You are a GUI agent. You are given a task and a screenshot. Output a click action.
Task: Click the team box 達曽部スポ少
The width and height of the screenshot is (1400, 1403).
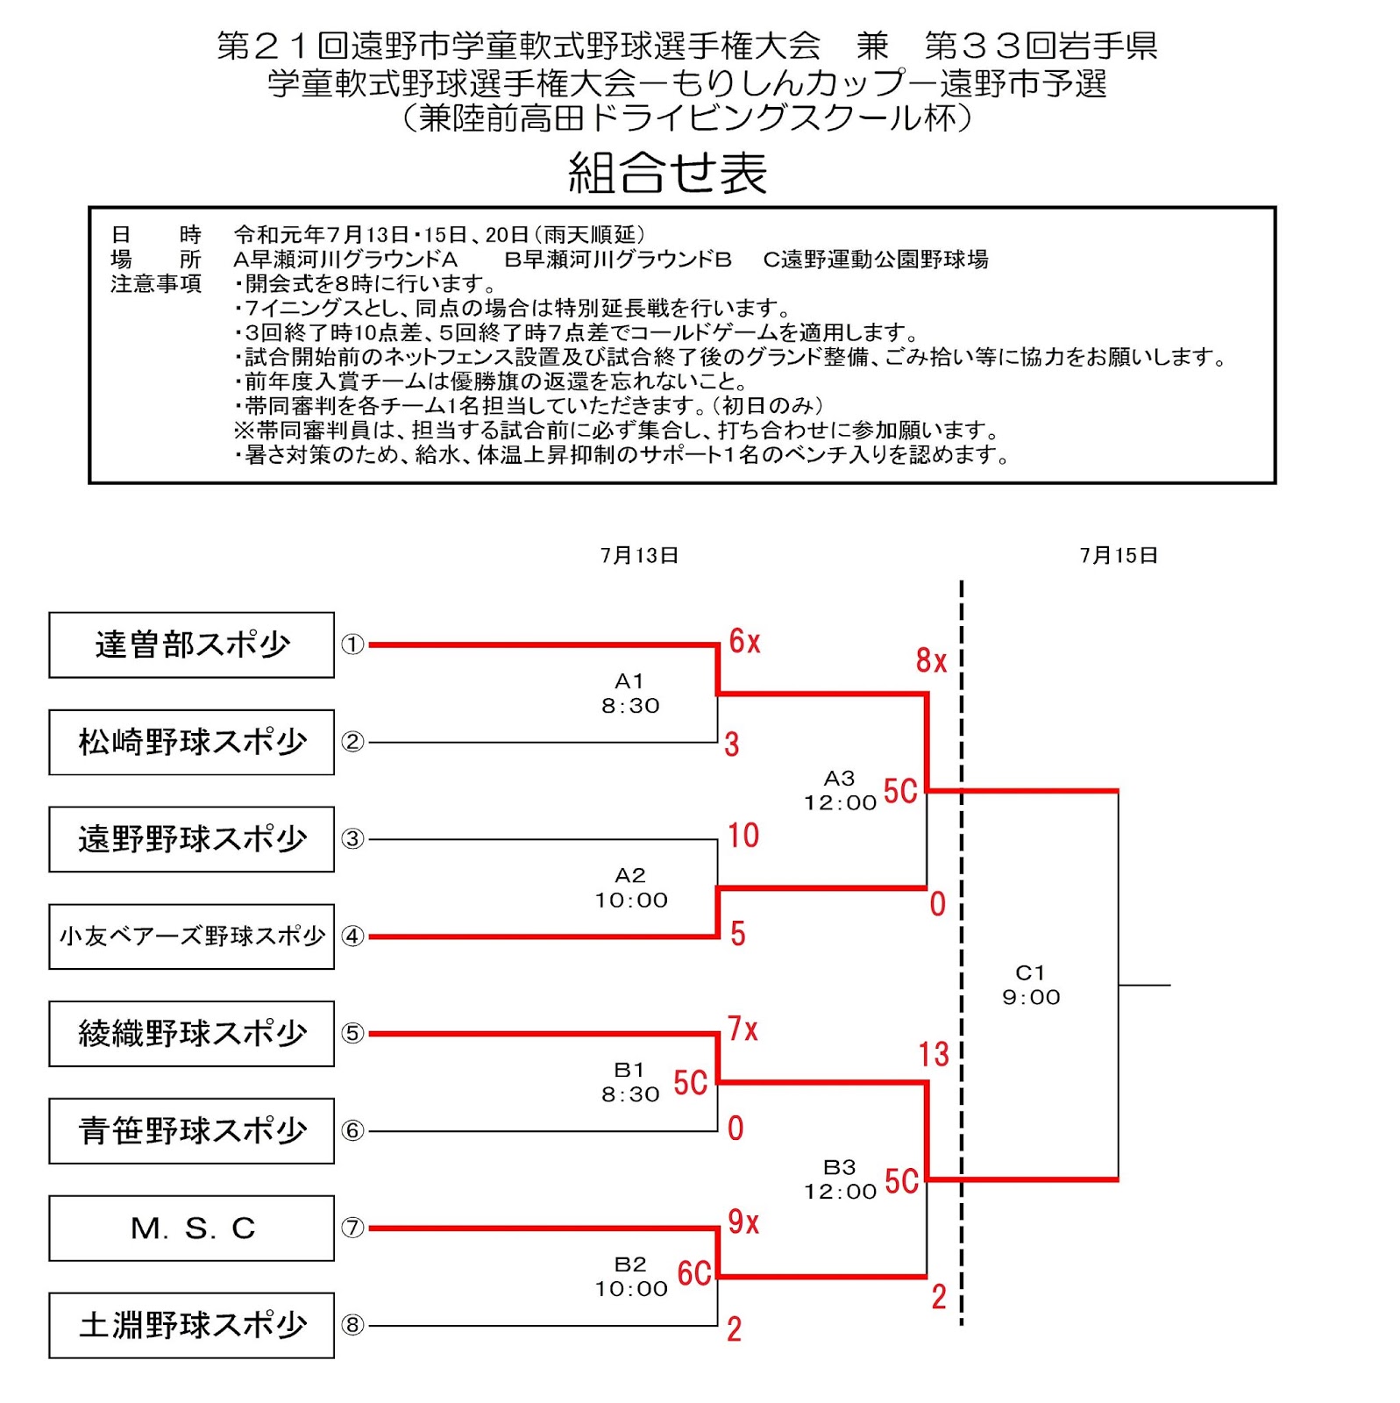[191, 645]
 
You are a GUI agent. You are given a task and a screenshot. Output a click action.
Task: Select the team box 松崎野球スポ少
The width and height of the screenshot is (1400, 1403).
[191, 742]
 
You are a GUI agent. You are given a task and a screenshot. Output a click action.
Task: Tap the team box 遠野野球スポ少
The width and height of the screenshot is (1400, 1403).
[191, 839]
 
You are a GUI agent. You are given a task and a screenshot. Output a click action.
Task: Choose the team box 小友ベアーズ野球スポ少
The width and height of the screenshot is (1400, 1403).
[191, 937]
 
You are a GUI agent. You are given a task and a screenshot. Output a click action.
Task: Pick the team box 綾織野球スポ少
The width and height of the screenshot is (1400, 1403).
[191, 1034]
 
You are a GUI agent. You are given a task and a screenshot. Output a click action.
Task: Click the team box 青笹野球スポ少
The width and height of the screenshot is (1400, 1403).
[191, 1131]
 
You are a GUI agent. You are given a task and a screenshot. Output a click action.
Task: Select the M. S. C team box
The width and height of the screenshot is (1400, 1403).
[191, 1229]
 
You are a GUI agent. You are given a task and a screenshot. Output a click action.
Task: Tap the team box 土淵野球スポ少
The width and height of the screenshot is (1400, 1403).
[191, 1325]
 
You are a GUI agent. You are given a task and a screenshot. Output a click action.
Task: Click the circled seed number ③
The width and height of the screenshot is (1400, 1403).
[352, 839]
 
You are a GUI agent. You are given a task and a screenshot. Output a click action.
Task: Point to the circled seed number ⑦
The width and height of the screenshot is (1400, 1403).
[352, 1228]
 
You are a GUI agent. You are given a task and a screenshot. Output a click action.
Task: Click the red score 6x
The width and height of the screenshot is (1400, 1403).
[744, 641]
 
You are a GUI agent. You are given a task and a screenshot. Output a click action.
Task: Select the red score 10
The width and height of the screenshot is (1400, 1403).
[743, 836]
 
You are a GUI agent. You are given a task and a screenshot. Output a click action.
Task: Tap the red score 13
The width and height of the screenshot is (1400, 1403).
[934, 1054]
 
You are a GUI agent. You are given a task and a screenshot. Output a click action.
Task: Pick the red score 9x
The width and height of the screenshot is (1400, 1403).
[743, 1221]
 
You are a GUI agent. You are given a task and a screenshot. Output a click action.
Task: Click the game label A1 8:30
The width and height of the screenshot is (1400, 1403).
[630, 694]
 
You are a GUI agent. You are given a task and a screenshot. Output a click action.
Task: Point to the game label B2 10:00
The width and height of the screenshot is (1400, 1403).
[631, 1277]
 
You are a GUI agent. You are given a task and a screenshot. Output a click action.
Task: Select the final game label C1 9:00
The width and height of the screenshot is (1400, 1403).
[1031, 985]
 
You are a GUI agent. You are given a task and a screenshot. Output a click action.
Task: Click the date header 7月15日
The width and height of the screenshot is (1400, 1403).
[1119, 555]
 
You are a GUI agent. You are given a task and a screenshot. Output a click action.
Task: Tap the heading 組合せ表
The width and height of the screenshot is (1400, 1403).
[668, 173]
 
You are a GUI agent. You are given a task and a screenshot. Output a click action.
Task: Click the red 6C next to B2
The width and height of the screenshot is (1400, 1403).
[694, 1273]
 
